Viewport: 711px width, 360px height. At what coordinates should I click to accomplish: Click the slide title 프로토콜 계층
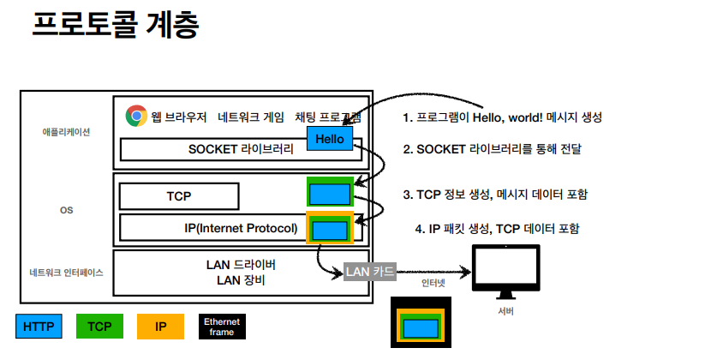coord(115,26)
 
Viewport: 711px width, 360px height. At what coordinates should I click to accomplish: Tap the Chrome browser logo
coord(135,116)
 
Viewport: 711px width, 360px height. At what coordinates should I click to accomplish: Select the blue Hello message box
coord(329,138)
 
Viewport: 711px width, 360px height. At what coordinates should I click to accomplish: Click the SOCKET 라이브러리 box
coord(240,149)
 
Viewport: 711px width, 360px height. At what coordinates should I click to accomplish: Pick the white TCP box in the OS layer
coord(178,196)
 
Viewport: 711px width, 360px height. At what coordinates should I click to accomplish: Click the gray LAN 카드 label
coord(369,273)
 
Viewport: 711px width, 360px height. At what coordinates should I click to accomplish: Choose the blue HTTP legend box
coord(39,327)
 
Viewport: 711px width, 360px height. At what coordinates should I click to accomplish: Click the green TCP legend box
coord(99,327)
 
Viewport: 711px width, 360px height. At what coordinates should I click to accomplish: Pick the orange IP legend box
coord(160,327)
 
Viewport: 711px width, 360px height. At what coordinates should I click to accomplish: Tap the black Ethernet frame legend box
coord(222,327)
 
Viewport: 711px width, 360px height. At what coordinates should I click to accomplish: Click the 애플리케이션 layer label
coord(66,132)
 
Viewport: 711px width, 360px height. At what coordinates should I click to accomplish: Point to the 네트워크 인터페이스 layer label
coord(66,273)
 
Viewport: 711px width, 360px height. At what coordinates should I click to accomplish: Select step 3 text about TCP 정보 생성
coord(495,195)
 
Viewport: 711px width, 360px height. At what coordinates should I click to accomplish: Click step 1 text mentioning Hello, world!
coord(507,117)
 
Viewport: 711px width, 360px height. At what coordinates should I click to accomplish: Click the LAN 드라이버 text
coord(241,265)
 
